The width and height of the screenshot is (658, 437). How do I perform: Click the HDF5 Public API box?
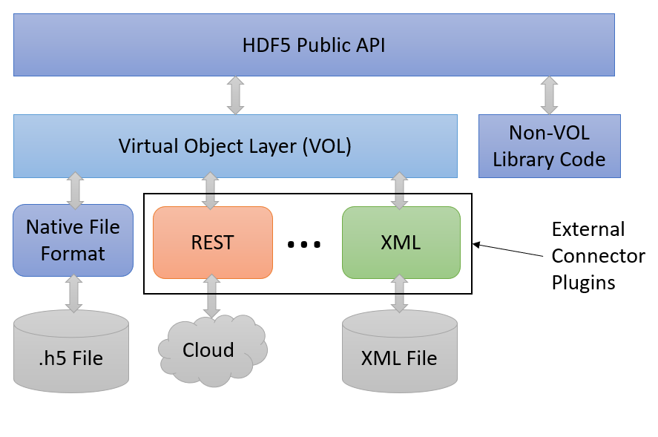(314, 45)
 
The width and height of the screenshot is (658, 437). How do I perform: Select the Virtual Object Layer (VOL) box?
(235, 146)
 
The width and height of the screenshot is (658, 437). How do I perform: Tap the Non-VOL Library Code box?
(549, 146)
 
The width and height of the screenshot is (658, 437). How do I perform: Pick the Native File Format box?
(73, 241)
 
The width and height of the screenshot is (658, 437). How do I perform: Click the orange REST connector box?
(212, 242)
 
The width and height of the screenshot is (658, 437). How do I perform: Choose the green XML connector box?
(401, 242)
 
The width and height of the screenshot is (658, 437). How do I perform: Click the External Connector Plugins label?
(598, 256)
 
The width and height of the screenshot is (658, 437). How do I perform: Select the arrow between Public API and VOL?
(235, 95)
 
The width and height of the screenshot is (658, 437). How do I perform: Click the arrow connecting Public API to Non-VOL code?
(549, 95)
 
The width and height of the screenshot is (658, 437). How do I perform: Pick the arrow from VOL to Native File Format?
(74, 190)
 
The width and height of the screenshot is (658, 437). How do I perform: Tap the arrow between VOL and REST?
(211, 191)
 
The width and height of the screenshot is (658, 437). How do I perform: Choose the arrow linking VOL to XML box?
(399, 191)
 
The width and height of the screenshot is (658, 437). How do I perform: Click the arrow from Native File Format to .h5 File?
(73, 293)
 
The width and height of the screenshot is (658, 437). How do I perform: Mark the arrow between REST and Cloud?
(211, 296)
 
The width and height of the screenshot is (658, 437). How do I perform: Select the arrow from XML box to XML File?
(399, 293)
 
